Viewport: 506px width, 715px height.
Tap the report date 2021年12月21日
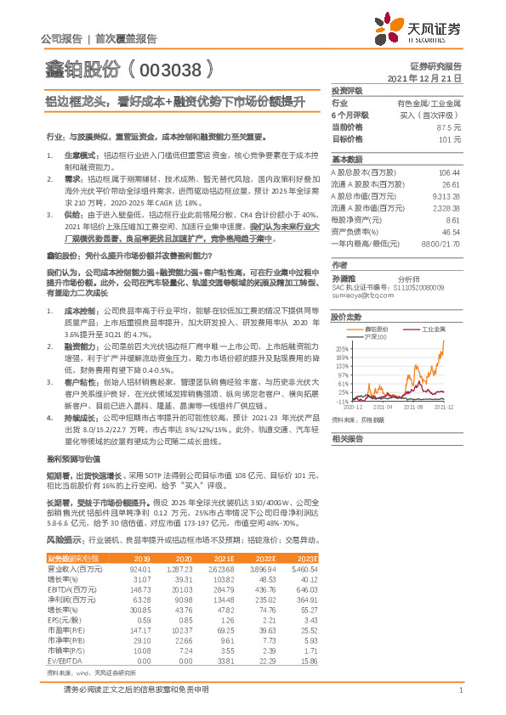[424, 77]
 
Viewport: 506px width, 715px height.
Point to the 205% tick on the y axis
[342, 349]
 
